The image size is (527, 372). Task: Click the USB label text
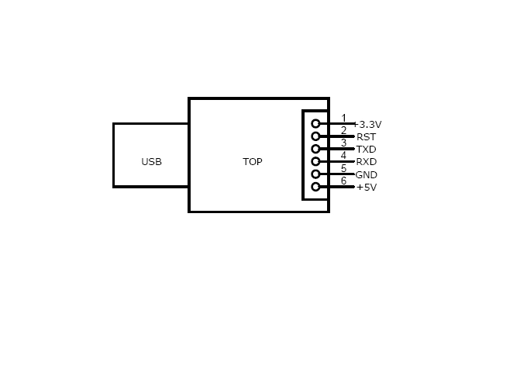pos(151,162)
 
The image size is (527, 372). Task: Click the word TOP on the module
pos(253,162)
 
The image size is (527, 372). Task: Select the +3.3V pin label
pos(368,125)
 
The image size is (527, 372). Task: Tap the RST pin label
pos(366,137)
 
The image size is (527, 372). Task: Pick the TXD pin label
pos(366,150)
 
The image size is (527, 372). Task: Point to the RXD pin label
pos(366,162)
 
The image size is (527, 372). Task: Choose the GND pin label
pos(366,175)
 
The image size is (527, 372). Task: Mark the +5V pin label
pos(366,188)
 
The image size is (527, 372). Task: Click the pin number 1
pos(343,118)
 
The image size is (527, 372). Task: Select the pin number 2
pos(343,130)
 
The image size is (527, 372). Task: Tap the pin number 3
pos(343,143)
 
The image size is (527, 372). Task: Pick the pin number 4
pos(343,155)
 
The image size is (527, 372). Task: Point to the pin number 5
pos(343,168)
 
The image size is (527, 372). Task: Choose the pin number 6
pos(343,181)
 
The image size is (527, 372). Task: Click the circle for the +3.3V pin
pos(315,123)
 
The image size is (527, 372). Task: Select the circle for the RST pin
pos(315,136)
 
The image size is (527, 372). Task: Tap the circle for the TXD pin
pos(315,149)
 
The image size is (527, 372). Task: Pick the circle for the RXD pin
pos(315,161)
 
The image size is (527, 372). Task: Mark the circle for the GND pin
pos(315,174)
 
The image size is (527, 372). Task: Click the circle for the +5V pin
pos(315,187)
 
